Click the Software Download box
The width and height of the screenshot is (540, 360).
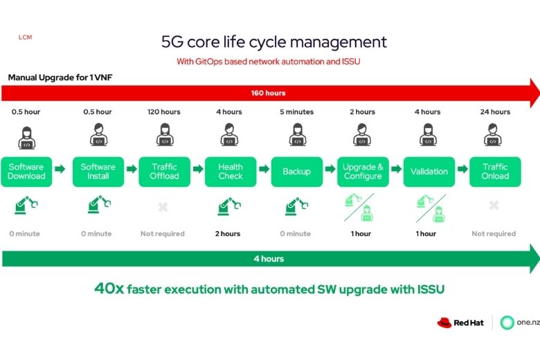(x=26, y=171)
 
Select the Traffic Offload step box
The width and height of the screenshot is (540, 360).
(x=164, y=171)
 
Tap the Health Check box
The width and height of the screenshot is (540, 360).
(x=231, y=171)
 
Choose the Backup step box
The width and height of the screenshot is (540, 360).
(x=296, y=171)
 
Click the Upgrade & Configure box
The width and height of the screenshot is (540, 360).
(x=363, y=171)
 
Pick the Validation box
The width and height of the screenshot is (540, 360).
(x=429, y=171)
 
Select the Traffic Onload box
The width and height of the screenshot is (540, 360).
(x=495, y=171)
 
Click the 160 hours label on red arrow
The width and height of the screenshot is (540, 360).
(x=269, y=93)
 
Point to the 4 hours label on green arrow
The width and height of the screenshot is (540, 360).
(x=269, y=259)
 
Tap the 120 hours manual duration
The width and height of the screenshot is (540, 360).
(x=164, y=111)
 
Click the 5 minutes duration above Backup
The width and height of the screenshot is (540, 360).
(x=296, y=111)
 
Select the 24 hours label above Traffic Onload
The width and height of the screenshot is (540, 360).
(x=495, y=111)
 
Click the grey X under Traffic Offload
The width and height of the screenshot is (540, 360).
(x=163, y=206)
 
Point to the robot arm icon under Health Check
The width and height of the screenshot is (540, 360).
(x=229, y=206)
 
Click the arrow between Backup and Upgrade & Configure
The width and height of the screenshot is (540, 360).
(x=330, y=169)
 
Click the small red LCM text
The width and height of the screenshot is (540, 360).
(x=26, y=37)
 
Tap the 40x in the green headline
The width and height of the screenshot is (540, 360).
(x=109, y=288)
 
